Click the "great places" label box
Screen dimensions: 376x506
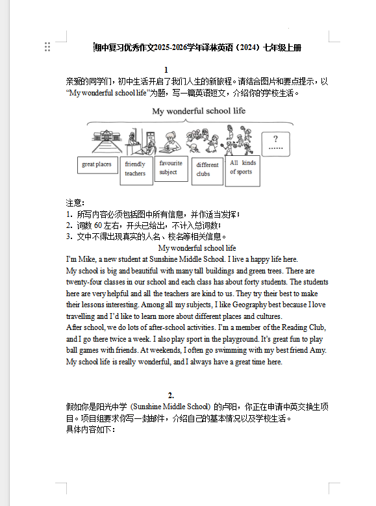point(96,165)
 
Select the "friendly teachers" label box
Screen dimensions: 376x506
point(136,170)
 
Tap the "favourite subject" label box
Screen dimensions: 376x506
point(171,168)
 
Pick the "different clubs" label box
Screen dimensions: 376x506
point(207,170)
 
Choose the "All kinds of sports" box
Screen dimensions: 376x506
point(242,168)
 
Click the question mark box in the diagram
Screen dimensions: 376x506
point(276,144)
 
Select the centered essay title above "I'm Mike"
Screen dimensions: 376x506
point(197,248)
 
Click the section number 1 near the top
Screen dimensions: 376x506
point(167,70)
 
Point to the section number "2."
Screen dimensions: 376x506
point(171,395)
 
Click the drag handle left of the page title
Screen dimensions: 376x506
point(47,47)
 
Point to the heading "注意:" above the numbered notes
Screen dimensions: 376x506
point(75,203)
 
